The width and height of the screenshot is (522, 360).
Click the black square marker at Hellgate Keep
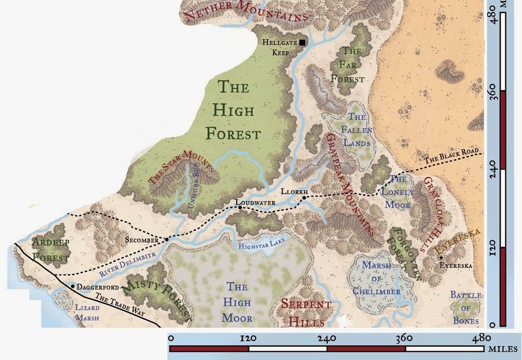[x=302, y=42]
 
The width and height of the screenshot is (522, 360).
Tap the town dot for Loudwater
[x=240, y=207]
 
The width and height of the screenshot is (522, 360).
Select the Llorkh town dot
[x=304, y=197]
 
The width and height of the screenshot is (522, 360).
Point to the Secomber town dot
[x=167, y=240]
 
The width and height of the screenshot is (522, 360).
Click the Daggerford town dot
[x=72, y=286]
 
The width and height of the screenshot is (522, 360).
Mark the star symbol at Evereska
[x=441, y=258]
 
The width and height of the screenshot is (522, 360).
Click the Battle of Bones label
[x=466, y=308]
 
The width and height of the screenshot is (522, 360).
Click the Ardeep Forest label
[x=50, y=250]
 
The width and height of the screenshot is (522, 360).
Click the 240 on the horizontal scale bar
[x=326, y=338]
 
